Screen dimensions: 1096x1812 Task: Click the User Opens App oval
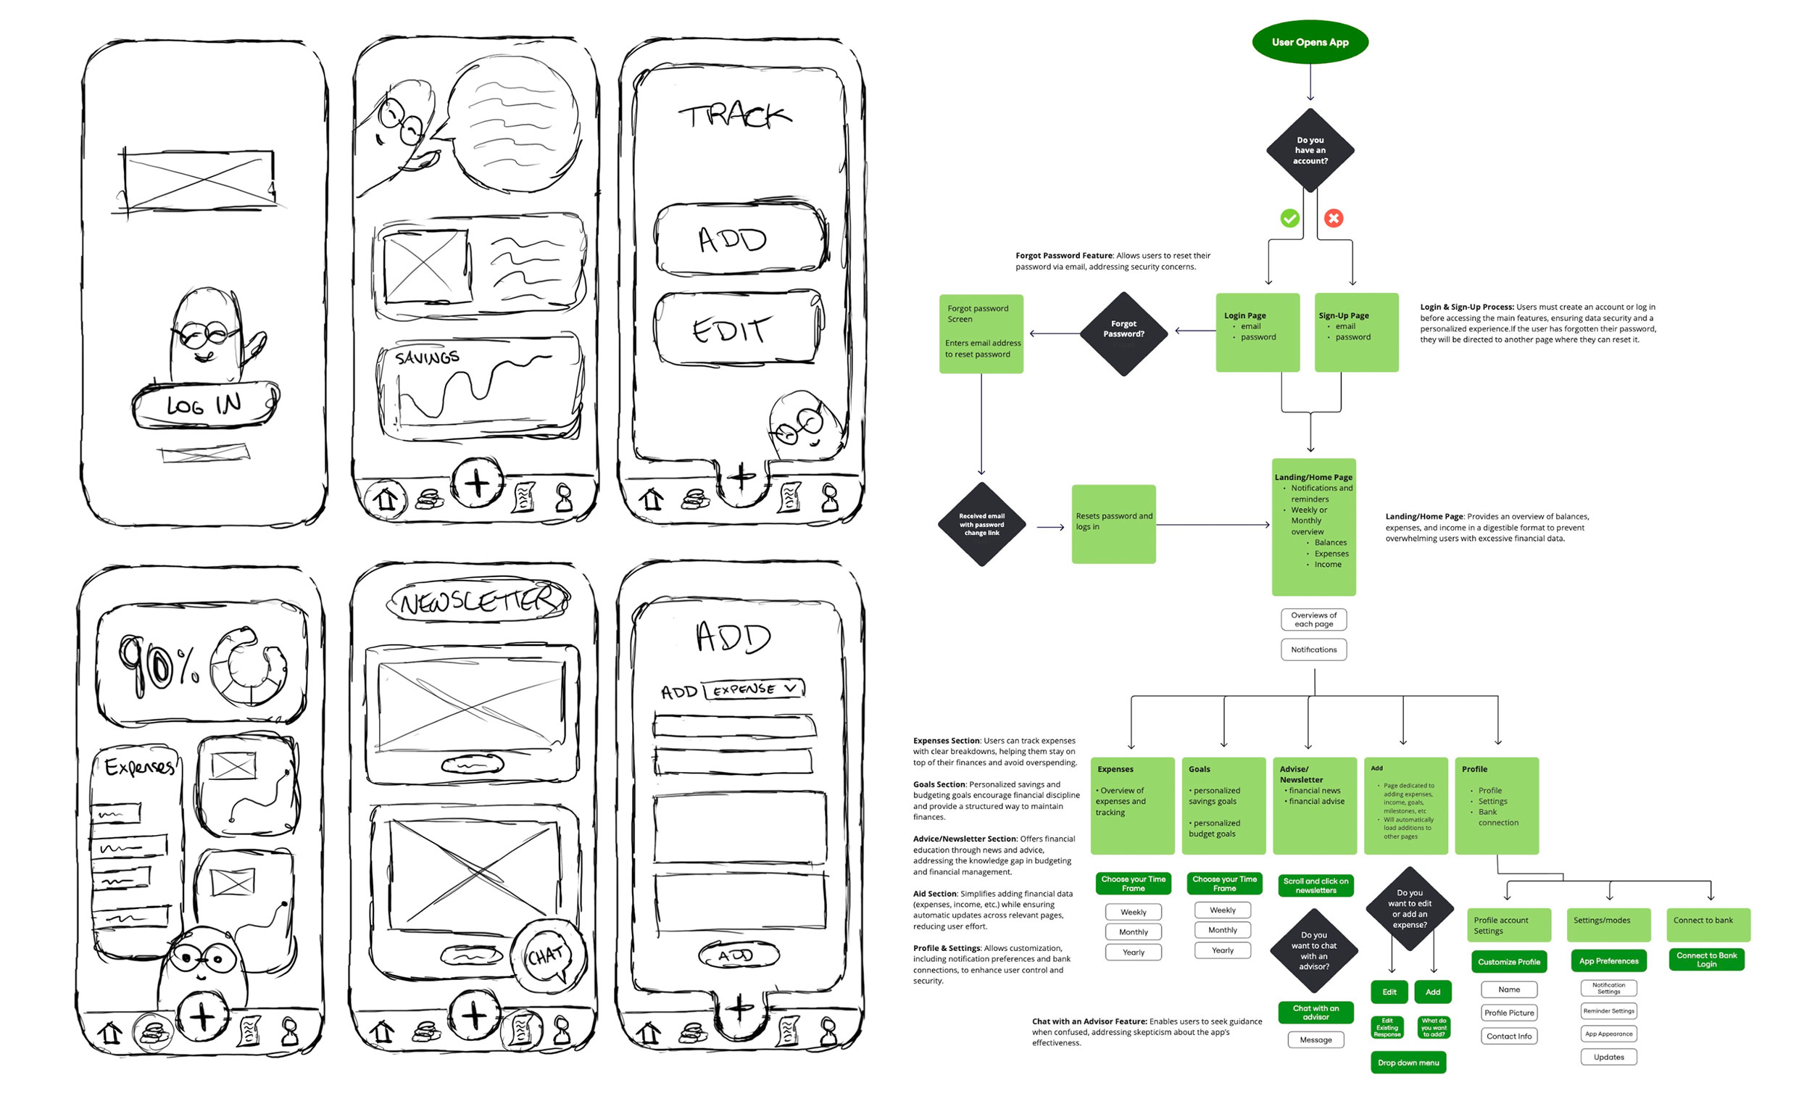click(1310, 42)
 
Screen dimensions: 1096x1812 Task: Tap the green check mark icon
click(1289, 218)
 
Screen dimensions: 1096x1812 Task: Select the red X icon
click(1333, 218)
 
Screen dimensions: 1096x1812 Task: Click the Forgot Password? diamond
click(1123, 334)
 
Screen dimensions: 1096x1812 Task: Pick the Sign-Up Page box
click(1356, 333)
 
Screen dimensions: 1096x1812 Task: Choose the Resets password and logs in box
click(1113, 524)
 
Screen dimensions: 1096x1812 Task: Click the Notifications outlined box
click(1313, 649)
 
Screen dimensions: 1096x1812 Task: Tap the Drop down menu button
click(1408, 1062)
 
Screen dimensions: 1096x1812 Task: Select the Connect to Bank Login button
click(1706, 959)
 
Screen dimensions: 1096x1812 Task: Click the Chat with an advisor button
click(1315, 1013)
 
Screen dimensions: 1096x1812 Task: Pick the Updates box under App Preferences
click(1608, 1057)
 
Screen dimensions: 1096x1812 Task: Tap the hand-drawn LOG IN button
click(204, 404)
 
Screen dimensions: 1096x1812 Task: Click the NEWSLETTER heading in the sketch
click(478, 600)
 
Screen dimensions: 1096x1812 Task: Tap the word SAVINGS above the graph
click(426, 357)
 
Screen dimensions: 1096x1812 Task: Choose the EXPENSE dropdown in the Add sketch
click(753, 689)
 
